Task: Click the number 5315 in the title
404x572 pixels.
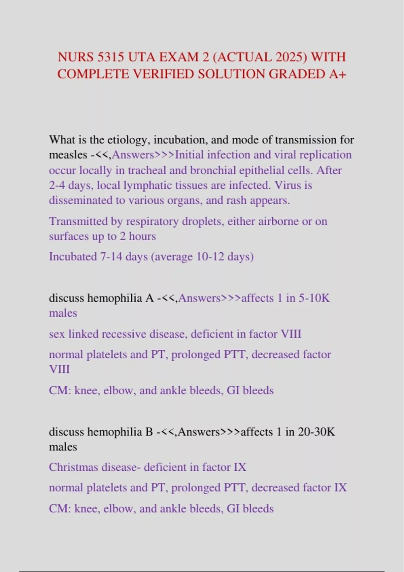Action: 110,57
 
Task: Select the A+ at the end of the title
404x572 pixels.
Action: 337,74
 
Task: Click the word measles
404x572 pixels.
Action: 68,155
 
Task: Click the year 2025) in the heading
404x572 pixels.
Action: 292,57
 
